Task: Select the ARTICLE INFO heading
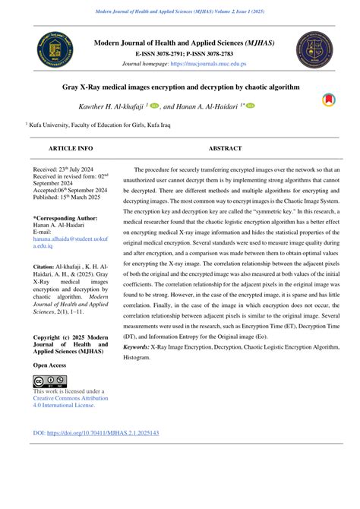click(x=70, y=148)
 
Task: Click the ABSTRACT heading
click(x=225, y=148)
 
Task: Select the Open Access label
click(x=49, y=365)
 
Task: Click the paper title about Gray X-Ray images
click(x=181, y=87)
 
